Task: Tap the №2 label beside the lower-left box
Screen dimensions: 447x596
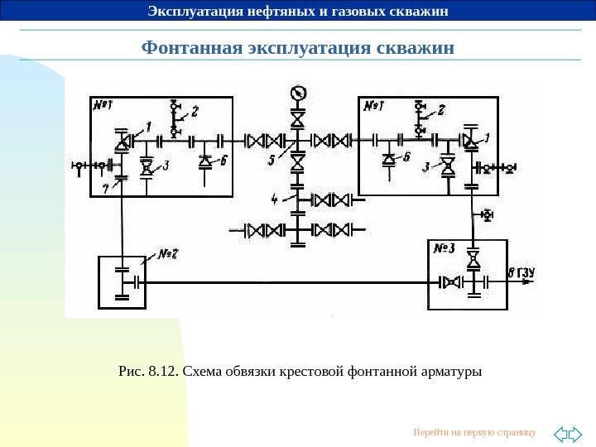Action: point(171,252)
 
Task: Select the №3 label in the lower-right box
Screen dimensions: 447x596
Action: point(445,248)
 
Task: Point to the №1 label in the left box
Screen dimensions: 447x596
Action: point(103,107)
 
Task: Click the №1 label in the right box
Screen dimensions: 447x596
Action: point(372,106)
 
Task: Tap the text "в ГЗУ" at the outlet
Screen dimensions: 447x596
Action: point(521,272)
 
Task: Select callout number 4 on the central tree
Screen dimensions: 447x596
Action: point(275,199)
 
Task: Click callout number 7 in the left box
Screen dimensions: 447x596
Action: point(105,188)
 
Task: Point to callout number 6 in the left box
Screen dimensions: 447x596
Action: point(225,161)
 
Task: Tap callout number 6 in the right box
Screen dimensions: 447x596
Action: point(406,156)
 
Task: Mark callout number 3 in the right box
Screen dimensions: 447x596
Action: point(425,167)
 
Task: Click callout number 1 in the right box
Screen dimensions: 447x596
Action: point(486,137)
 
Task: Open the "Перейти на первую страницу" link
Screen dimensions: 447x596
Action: point(474,432)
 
